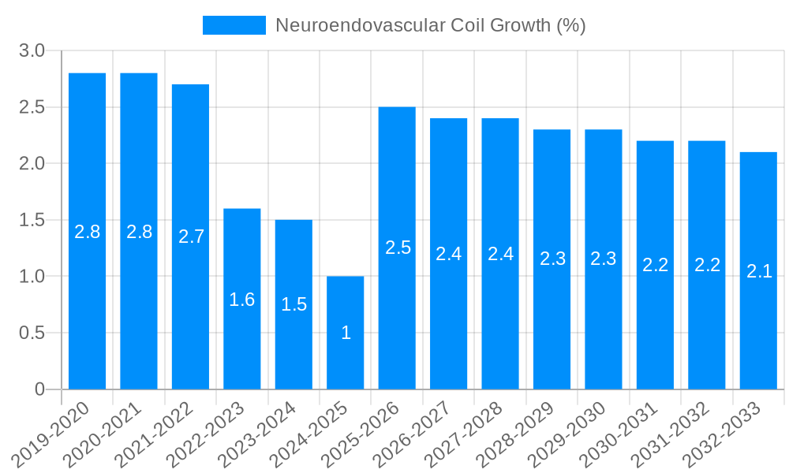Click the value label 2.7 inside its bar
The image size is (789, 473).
191,236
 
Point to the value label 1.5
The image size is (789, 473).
294,304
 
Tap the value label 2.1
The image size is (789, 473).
758,271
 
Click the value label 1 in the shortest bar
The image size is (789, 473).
346,333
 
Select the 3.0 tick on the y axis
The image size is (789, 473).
32,51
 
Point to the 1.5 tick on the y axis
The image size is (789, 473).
32,220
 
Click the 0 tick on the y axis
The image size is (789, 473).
39,389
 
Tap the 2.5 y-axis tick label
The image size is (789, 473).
32,107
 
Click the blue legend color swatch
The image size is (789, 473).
234,25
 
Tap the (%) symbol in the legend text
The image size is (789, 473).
570,25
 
